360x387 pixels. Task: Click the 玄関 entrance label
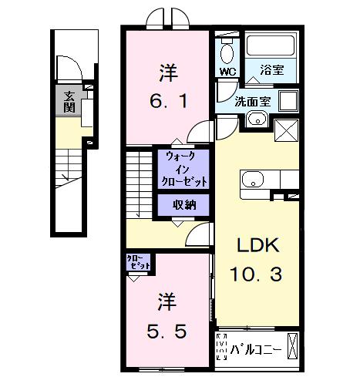[69, 102]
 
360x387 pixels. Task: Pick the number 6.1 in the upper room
[168, 99]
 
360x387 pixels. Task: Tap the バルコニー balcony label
[257, 349]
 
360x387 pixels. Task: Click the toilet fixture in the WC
[226, 52]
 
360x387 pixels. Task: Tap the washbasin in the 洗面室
[257, 119]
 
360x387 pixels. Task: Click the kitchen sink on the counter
[253, 180]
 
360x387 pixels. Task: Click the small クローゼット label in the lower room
[139, 262]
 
